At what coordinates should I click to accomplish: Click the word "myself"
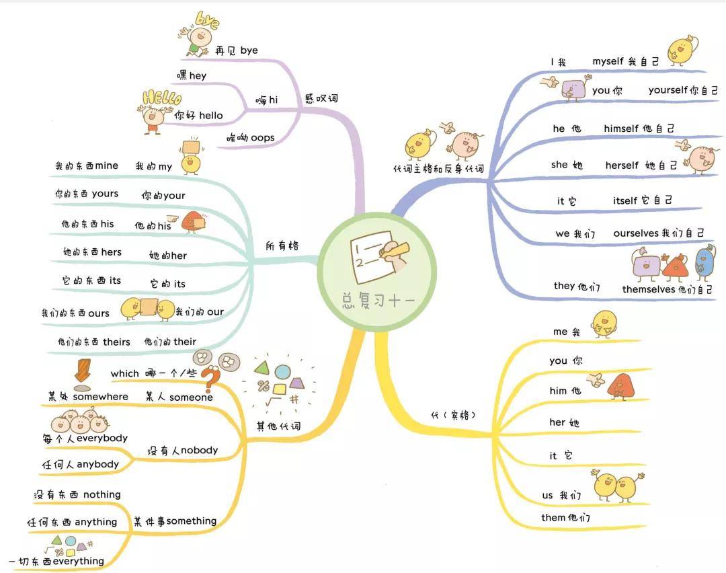coord(608,61)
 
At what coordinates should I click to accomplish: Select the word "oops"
coord(263,138)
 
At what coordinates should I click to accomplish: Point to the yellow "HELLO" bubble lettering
coord(162,98)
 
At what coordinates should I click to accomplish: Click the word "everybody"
coord(102,438)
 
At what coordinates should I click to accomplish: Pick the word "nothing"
coord(102,495)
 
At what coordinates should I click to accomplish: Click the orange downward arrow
coord(83,370)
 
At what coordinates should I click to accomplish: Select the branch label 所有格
coord(282,245)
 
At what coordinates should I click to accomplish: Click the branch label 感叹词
coord(321,98)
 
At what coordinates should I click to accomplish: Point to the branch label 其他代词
coord(279,426)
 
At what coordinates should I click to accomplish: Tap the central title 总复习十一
coord(378,300)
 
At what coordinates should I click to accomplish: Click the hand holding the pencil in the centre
coord(395,255)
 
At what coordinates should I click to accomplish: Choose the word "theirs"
coord(117,342)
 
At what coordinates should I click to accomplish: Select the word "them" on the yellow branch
coord(553,517)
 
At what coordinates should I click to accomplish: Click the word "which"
coord(124,373)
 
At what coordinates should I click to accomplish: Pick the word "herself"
coord(622,165)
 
